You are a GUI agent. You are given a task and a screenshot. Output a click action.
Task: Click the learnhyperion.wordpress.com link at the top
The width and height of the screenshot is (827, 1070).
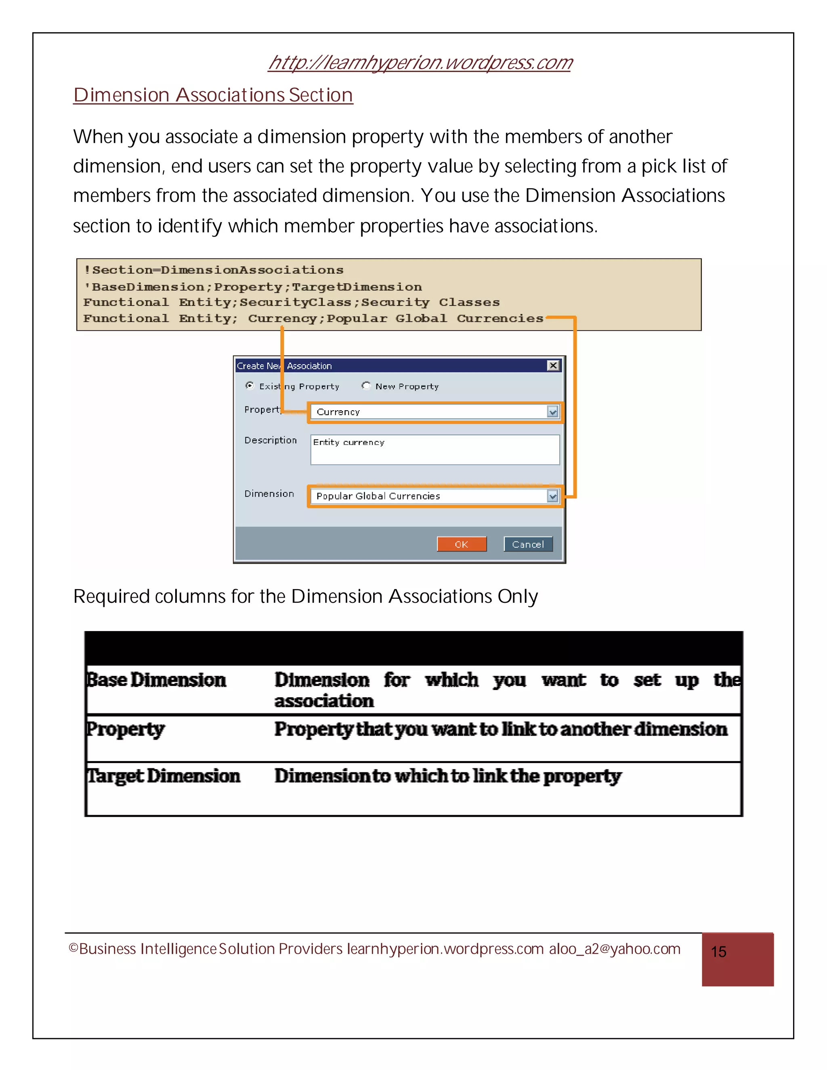420,63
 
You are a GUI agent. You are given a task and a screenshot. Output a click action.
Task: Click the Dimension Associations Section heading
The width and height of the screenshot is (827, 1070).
213,95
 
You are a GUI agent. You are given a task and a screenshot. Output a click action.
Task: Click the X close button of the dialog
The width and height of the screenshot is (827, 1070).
553,365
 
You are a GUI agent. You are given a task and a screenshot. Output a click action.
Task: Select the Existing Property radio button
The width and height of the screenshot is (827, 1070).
250,386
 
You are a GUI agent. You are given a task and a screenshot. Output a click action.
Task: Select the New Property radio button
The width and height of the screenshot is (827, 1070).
366,386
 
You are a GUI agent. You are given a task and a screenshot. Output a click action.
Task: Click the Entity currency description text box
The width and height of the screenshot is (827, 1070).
434,450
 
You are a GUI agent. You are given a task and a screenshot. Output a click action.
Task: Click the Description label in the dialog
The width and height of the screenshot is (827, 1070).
271,441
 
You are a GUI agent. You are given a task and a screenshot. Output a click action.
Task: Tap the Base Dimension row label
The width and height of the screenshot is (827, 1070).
156,680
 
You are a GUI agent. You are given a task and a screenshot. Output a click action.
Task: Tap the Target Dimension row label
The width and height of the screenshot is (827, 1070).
164,776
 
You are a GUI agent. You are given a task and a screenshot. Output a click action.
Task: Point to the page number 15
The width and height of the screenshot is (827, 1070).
718,952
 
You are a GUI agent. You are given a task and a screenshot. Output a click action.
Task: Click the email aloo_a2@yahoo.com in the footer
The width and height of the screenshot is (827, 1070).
614,949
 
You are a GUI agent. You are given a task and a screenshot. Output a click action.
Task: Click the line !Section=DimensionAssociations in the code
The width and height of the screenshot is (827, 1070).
214,270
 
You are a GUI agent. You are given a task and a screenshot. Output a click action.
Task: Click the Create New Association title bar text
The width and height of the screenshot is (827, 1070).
284,366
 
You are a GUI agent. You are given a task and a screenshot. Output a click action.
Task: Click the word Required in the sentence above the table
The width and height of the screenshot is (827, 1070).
111,597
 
